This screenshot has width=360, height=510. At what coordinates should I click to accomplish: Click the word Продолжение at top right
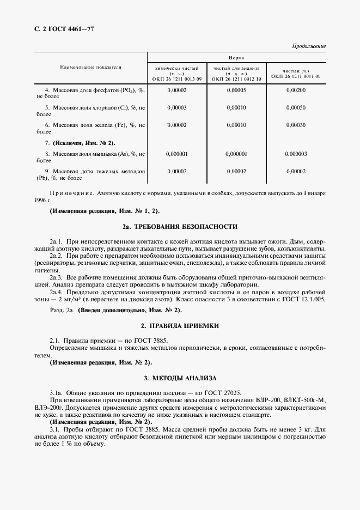click(309, 46)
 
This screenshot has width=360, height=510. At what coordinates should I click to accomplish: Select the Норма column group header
click(236, 58)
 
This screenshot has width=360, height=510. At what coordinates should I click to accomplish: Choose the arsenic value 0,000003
click(296, 154)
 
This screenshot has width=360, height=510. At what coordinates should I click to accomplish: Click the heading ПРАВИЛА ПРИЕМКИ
click(187, 325)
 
